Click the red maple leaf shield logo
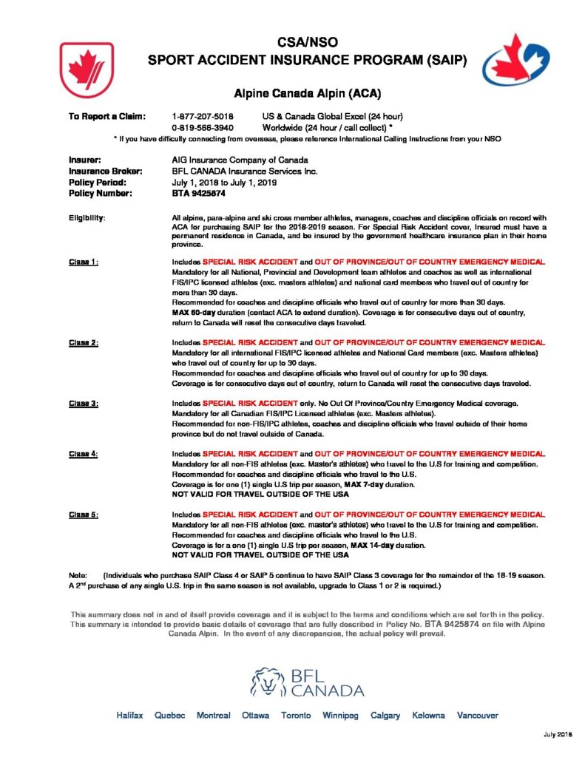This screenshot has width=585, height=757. click(x=86, y=69)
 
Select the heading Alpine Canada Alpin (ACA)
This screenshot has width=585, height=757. click(x=292, y=94)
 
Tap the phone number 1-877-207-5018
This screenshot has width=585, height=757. click(x=202, y=116)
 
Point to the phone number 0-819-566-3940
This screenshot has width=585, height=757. click(x=202, y=127)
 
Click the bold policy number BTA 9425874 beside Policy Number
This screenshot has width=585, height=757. click(x=198, y=193)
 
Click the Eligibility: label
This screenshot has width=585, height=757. click(x=87, y=218)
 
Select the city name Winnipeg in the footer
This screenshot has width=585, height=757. click(x=340, y=716)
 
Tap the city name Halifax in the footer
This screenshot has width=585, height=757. click(x=129, y=716)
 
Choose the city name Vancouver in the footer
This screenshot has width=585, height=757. click(x=477, y=716)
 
